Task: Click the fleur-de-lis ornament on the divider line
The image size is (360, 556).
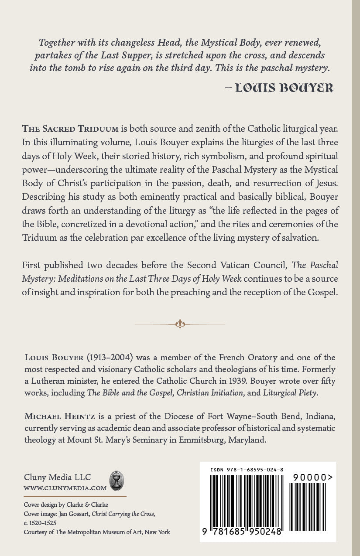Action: [x=180, y=324]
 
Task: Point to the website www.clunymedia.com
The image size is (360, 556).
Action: [x=65, y=488]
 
